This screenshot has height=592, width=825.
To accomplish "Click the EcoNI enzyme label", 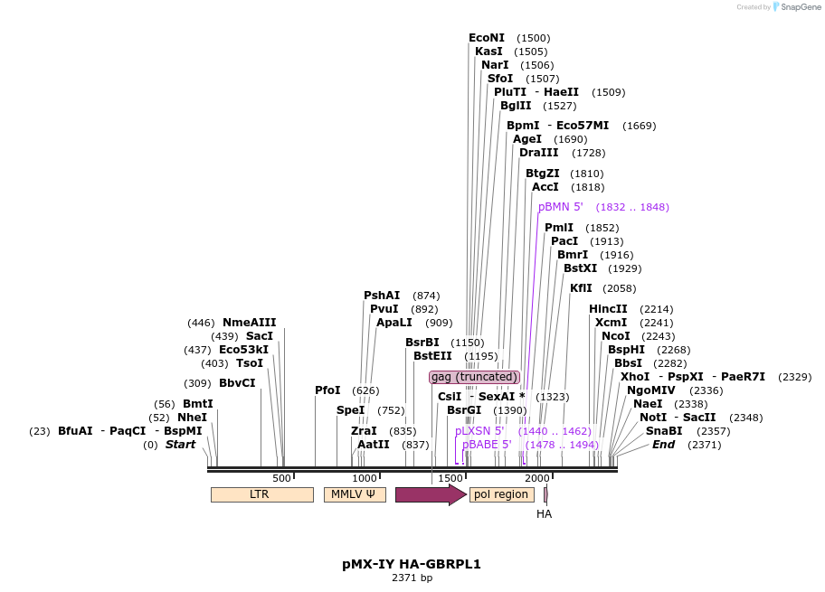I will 487,38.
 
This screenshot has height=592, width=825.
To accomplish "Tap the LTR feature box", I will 261,494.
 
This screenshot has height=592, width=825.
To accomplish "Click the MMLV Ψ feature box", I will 354,494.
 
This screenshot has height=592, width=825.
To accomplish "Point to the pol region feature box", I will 501,494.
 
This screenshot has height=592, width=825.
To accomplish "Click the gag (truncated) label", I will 474,377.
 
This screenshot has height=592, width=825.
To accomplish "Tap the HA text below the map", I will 544,514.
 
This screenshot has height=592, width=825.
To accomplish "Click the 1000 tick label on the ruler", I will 364,479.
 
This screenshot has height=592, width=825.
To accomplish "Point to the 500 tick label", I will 281,479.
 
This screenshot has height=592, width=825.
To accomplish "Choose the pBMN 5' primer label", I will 561,207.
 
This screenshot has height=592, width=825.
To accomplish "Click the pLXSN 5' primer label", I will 479,431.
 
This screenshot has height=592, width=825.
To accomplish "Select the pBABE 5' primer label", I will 487,445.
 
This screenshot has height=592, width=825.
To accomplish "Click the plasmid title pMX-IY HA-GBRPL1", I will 412,564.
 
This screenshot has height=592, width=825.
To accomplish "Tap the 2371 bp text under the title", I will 412,578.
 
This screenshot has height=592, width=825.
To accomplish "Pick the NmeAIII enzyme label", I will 249,323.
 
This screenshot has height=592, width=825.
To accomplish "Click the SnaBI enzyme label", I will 664,431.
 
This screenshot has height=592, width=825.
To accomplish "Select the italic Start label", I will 180,445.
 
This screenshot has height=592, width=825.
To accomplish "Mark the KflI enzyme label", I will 581,288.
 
